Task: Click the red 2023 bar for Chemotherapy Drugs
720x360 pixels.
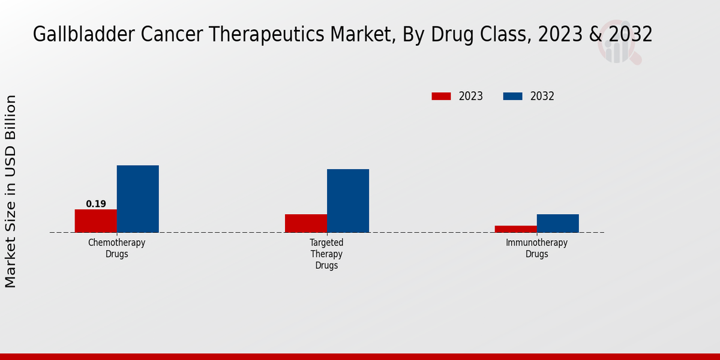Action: tap(96, 221)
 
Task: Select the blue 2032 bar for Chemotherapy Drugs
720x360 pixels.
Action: tap(138, 199)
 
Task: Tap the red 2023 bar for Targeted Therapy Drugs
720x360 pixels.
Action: tap(306, 223)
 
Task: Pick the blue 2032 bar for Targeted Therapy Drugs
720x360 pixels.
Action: tap(348, 200)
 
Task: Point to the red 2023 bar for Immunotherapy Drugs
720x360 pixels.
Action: tap(516, 229)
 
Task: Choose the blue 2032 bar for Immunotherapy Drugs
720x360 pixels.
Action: tap(558, 223)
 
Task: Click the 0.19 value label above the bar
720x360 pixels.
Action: tap(96, 204)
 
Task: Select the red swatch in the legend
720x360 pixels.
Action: tap(441, 96)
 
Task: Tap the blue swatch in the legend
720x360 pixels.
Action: tap(512, 96)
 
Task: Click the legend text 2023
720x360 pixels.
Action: tap(471, 96)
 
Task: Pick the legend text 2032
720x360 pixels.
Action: tap(542, 96)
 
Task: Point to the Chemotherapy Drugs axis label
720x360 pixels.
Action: tap(117, 248)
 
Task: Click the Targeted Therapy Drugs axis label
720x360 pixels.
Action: tap(327, 254)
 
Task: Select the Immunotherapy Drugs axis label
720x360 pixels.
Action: tap(537, 248)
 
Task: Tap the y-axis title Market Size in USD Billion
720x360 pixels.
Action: tap(11, 191)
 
